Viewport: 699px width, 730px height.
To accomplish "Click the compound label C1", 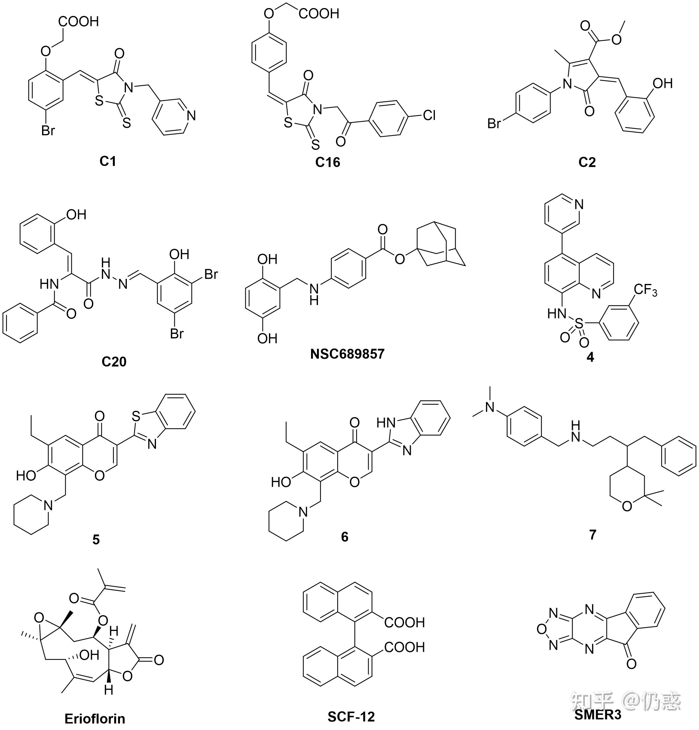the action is pyautogui.click(x=108, y=161).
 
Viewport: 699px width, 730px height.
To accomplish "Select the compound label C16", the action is pyautogui.click(x=328, y=162).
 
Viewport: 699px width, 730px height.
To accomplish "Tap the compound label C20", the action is pyautogui.click(x=114, y=361).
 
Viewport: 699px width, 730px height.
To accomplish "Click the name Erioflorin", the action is pyautogui.click(x=95, y=718).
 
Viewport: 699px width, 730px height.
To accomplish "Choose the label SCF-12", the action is pyautogui.click(x=351, y=716).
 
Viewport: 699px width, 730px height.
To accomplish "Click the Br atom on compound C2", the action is pyautogui.click(x=495, y=123).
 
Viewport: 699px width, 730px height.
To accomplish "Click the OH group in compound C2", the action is pyautogui.click(x=663, y=83).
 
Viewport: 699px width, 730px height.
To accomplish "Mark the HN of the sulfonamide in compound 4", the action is pyautogui.click(x=557, y=314).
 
